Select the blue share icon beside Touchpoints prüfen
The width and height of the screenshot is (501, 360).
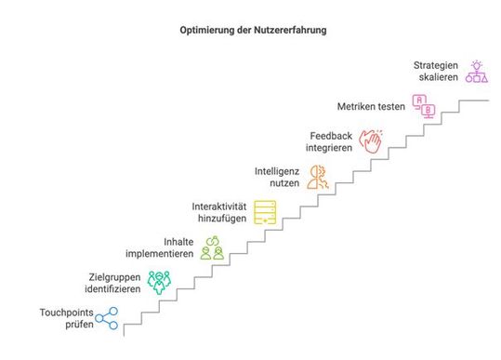108,320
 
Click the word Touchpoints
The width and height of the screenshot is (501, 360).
66,313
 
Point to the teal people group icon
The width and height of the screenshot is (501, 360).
161,280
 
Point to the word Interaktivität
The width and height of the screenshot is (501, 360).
220,206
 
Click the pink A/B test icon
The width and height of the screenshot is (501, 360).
424,106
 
